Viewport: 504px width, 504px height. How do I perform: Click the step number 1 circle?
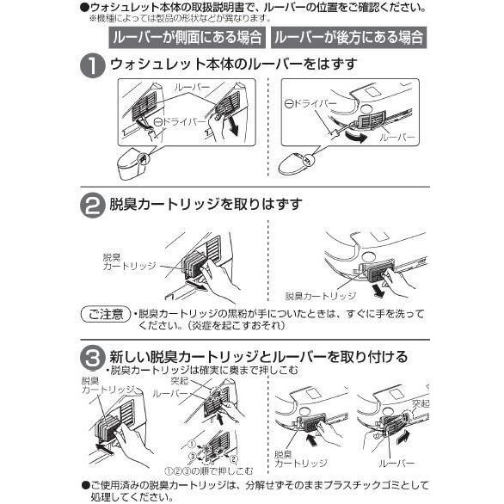93,65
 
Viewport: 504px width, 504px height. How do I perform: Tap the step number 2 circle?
93,205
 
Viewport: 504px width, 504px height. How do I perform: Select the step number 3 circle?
93,358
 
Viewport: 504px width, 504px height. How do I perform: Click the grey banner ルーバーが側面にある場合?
187,38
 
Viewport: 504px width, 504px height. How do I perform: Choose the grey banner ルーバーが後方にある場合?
348,38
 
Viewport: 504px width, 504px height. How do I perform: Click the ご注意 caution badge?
106,314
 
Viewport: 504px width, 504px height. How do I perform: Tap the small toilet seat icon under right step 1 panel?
295,164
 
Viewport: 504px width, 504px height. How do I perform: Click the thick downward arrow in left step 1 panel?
234,125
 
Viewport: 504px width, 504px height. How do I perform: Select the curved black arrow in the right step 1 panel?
355,136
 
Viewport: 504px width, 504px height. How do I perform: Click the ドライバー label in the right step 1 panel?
310,103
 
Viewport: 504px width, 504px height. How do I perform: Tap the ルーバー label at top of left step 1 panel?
192,87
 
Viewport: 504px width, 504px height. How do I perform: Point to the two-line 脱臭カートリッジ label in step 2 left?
129,261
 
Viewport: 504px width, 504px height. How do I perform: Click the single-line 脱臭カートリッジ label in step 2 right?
321,296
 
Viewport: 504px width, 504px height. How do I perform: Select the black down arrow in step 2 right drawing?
379,290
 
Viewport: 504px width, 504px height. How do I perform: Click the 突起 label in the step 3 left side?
180,381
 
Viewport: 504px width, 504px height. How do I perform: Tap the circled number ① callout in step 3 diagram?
192,444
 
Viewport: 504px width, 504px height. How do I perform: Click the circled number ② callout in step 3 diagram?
234,459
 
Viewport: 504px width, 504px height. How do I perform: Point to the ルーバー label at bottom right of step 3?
396,464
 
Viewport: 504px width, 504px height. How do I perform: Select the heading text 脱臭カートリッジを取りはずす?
206,204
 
